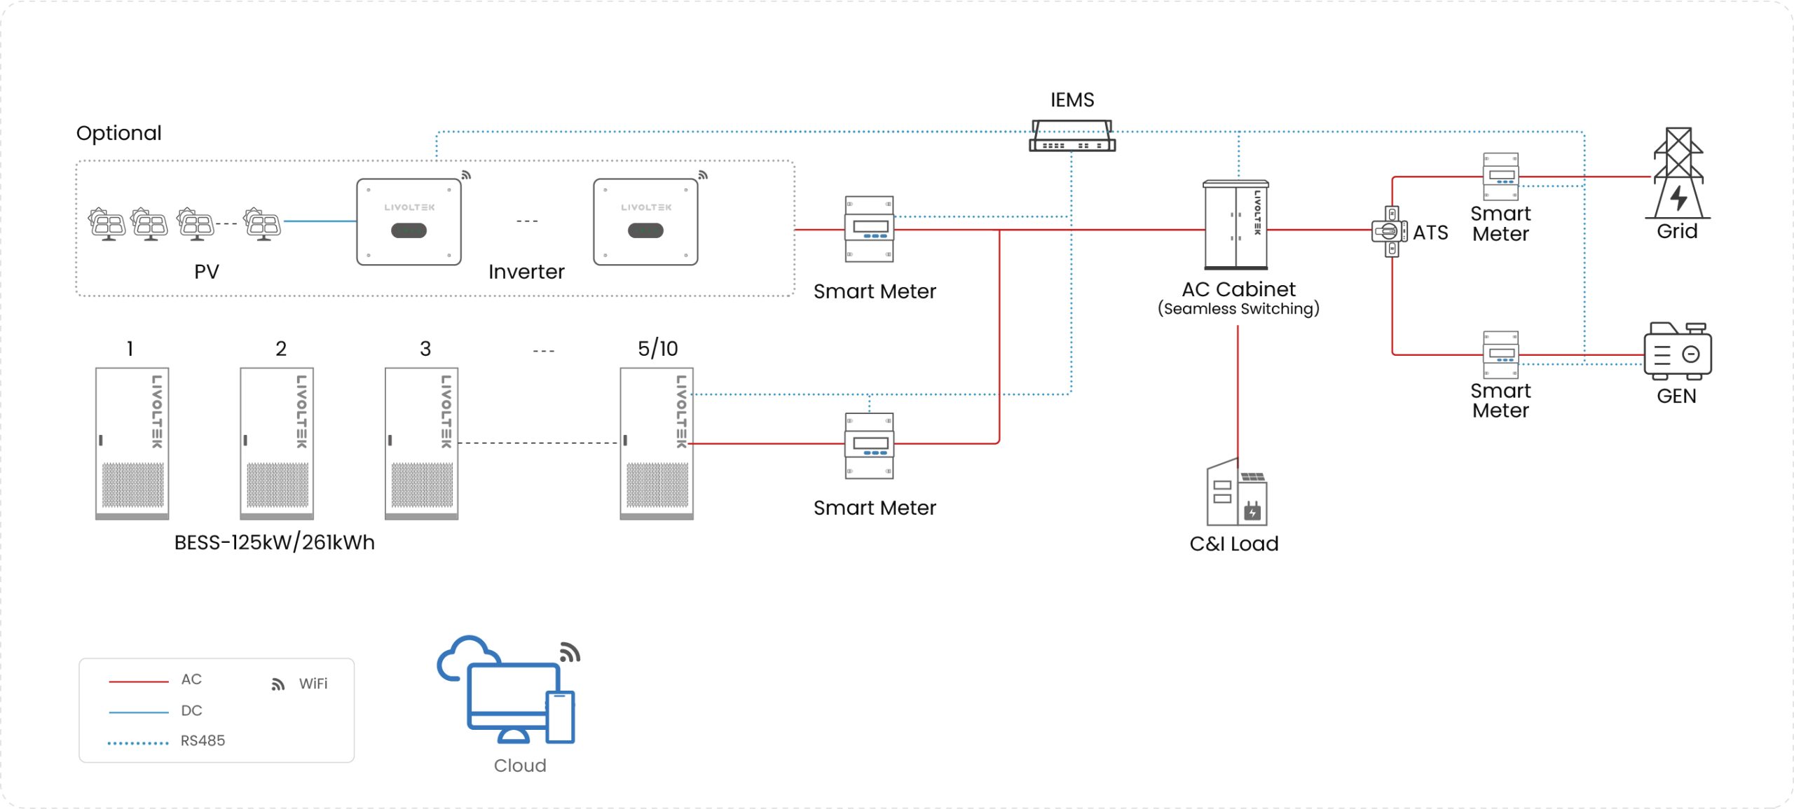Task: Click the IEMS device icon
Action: [x=1071, y=136]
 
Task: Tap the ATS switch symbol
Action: [x=1390, y=231]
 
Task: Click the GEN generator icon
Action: [x=1677, y=351]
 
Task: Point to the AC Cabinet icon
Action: [x=1235, y=225]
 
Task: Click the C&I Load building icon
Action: [x=1236, y=493]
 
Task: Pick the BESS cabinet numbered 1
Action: [x=132, y=443]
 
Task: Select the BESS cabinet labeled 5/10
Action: [x=656, y=443]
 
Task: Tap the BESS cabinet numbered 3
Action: [x=421, y=443]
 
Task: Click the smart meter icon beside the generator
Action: [x=1500, y=354]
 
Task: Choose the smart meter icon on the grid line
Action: [x=1500, y=177]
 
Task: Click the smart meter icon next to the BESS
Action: [x=869, y=445]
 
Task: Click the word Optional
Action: [x=118, y=133]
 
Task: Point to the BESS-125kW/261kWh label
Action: [x=274, y=543]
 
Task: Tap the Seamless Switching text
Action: [x=1238, y=309]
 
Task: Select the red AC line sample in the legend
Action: [x=138, y=681]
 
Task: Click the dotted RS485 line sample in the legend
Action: [x=138, y=742]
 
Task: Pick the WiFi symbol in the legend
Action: [x=278, y=684]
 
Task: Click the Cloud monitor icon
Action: [x=514, y=698]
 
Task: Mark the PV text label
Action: [x=207, y=272]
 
